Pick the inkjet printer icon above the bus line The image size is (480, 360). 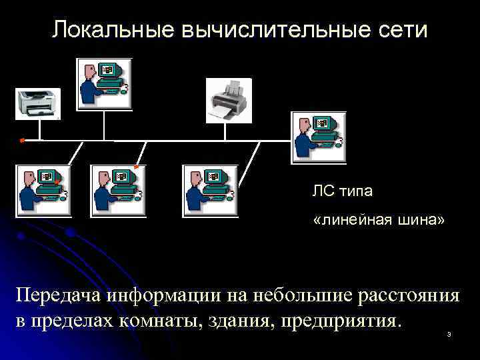pos(229,101)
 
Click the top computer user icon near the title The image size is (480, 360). pos(105,84)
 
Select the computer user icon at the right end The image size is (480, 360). pos(319,137)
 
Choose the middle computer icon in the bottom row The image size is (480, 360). pos(117,190)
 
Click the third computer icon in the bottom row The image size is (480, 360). pos(209,190)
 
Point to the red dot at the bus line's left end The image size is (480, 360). pos(22,141)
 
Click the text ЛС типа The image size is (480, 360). pos(343,192)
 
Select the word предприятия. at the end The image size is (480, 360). pos(341,321)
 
